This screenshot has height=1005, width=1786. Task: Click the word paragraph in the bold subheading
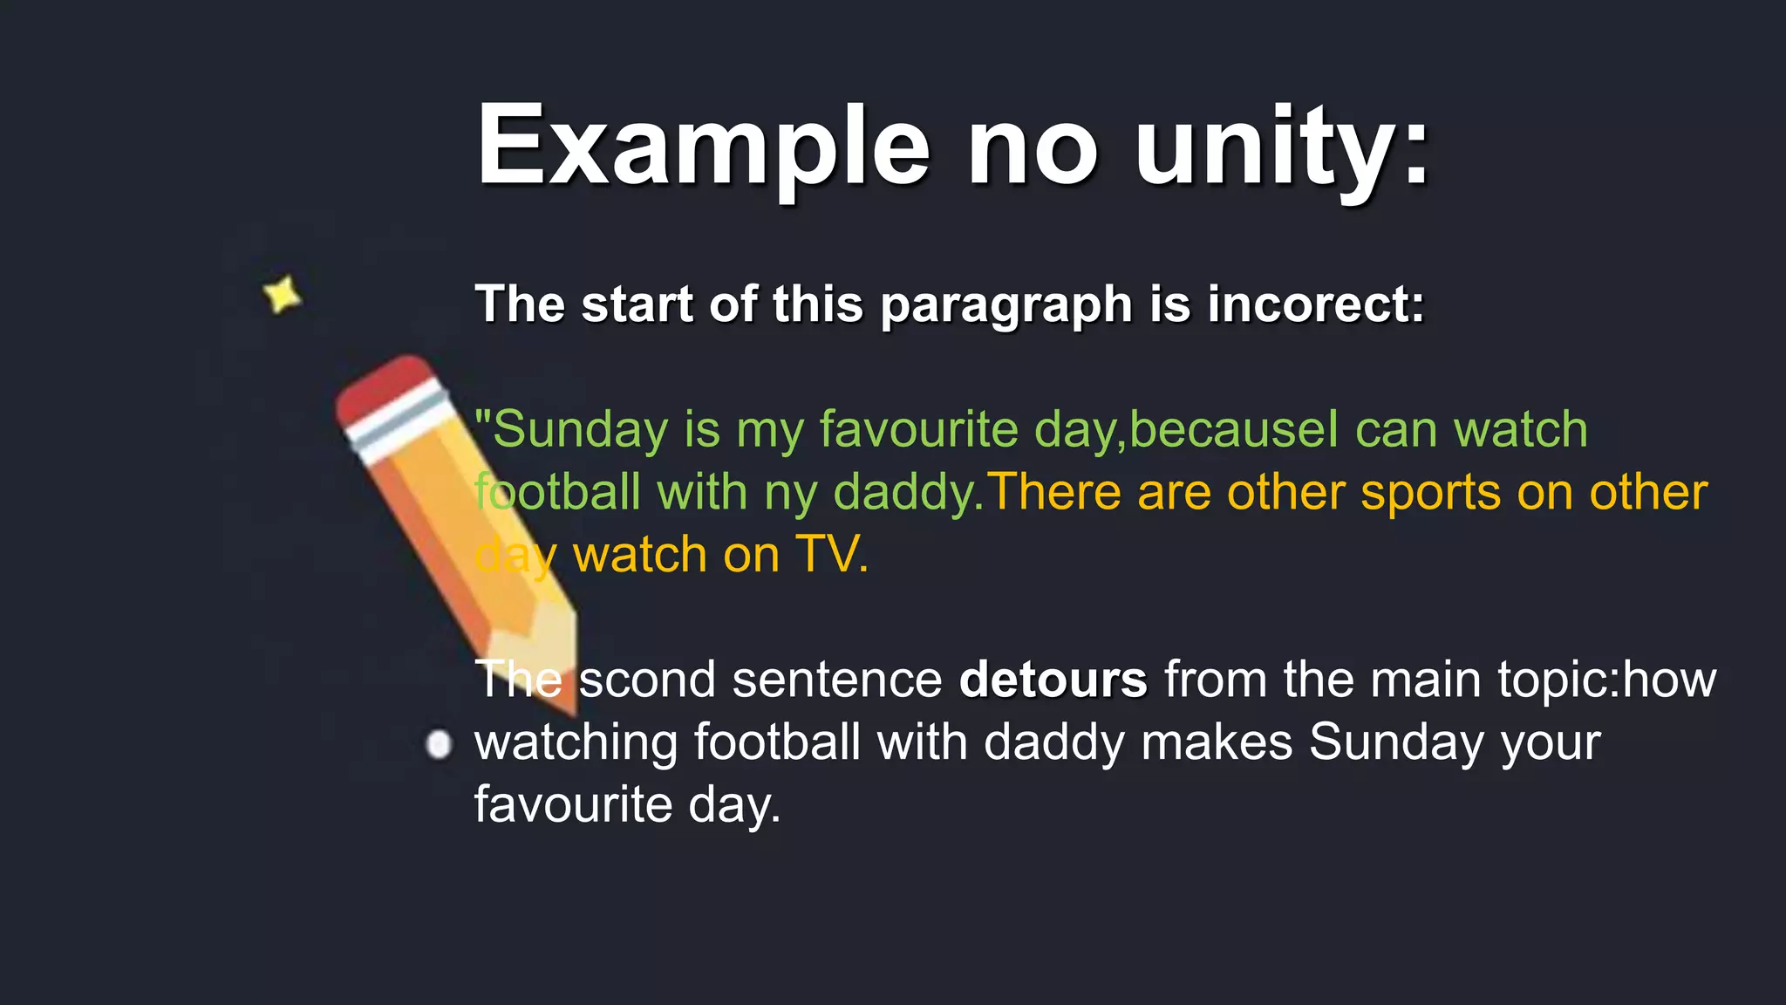tap(1005, 306)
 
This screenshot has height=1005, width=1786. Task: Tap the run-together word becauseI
tap(1233, 430)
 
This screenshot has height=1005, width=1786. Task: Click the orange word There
tap(1054, 492)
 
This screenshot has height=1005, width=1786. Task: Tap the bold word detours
tap(1053, 680)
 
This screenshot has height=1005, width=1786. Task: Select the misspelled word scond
tap(647, 680)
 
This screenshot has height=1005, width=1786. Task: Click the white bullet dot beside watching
tap(439, 745)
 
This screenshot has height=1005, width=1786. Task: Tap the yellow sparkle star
tap(283, 295)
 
